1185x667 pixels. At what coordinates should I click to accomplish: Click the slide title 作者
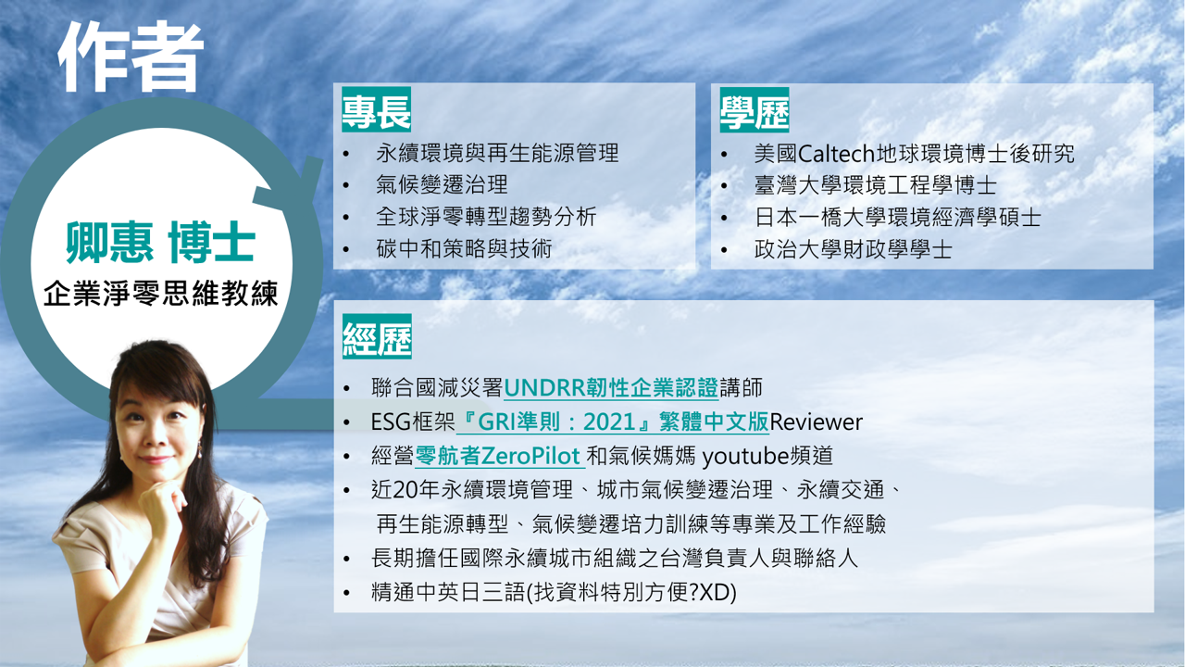tap(131, 57)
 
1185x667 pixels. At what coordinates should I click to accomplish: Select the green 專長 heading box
tap(376, 109)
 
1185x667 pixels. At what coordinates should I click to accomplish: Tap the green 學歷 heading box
tap(755, 109)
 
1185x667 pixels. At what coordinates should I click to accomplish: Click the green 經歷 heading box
tap(377, 336)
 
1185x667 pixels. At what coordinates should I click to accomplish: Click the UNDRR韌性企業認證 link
tap(611, 388)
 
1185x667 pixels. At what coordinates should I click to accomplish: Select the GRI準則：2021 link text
tap(556, 422)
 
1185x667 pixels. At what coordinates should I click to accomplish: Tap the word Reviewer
tap(816, 422)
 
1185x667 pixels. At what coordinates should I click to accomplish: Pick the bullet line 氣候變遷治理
tap(442, 184)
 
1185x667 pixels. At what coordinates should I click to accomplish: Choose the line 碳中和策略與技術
tap(464, 249)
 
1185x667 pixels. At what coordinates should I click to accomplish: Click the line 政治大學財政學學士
tap(853, 249)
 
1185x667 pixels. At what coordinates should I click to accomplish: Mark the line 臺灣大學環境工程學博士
tap(875, 185)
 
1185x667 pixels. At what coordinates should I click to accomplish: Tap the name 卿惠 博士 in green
tap(161, 243)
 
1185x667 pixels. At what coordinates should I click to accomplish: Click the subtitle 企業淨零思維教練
tap(160, 293)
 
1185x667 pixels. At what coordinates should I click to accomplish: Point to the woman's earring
tap(200, 450)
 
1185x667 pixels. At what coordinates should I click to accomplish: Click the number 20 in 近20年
tap(405, 490)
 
